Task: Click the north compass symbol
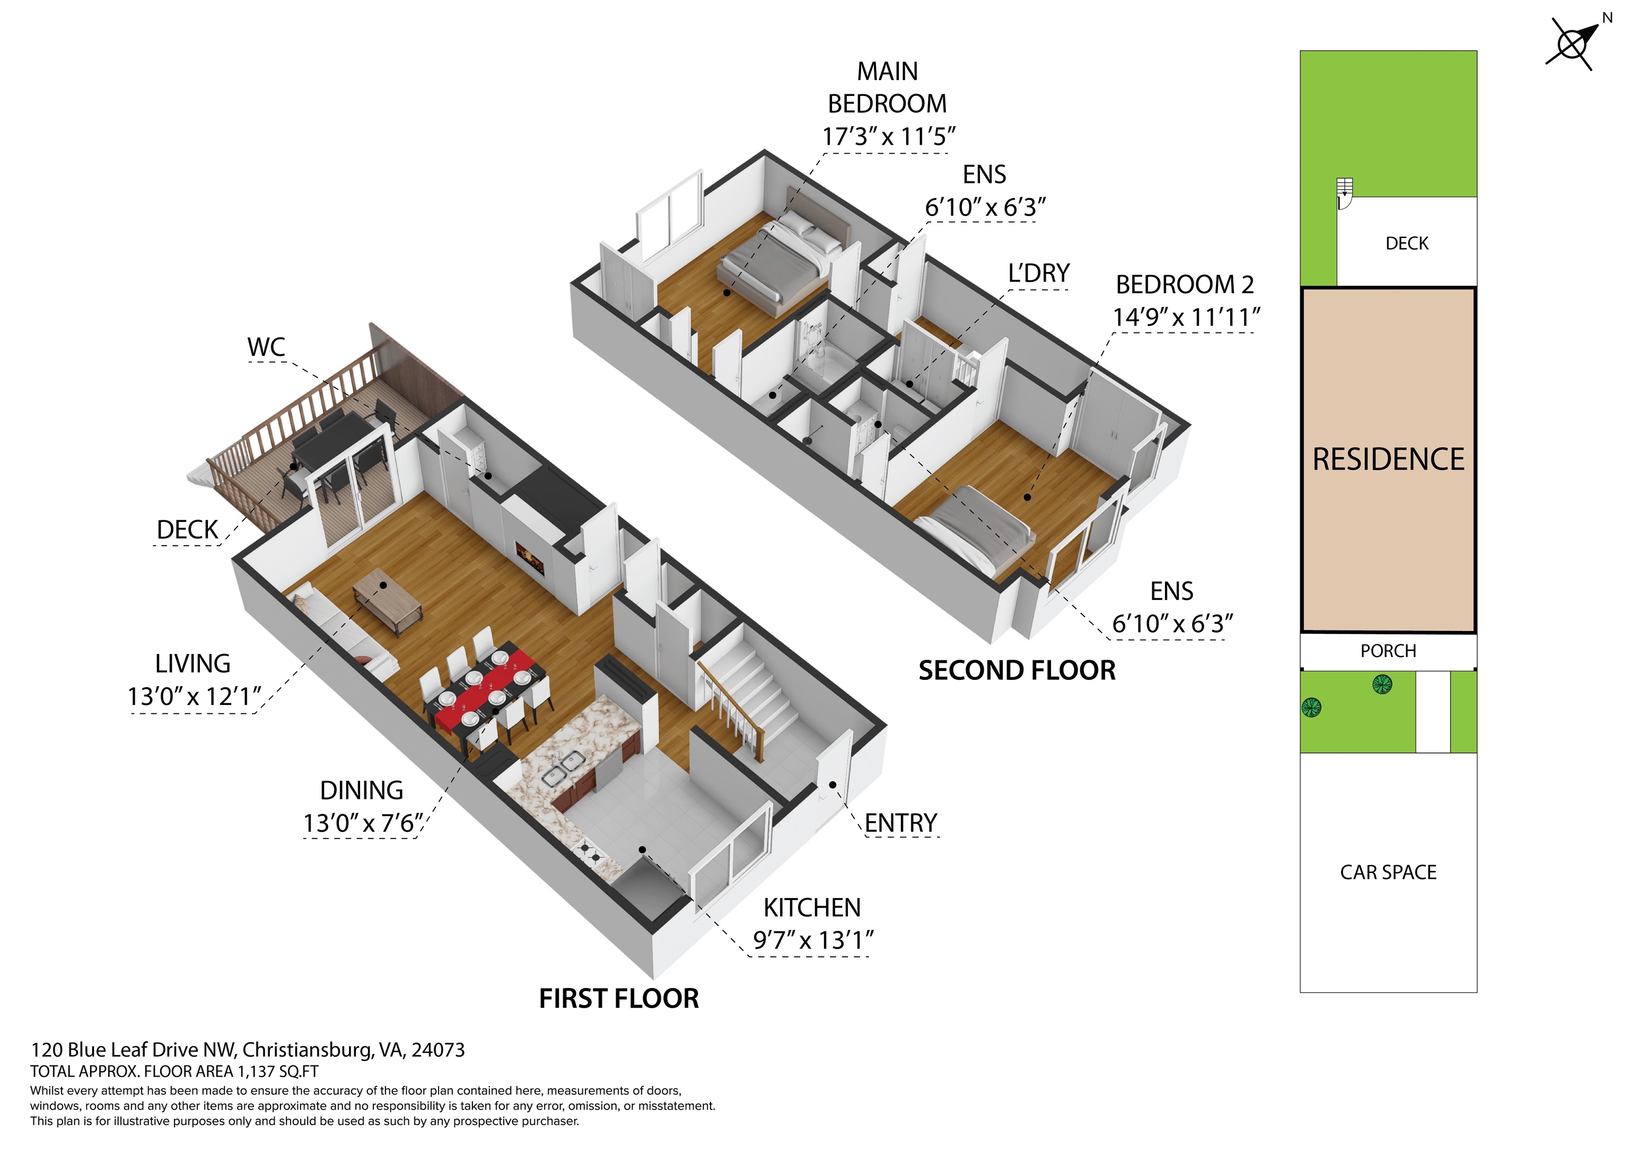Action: pyautogui.click(x=1574, y=44)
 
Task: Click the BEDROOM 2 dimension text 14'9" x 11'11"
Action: pyautogui.click(x=1186, y=317)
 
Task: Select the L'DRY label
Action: pyautogui.click(x=1039, y=273)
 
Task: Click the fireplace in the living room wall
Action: pyautogui.click(x=529, y=557)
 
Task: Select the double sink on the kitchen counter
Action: pyautogui.click(x=563, y=769)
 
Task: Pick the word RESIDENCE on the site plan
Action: pyautogui.click(x=1388, y=459)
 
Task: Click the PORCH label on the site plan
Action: pyautogui.click(x=1388, y=651)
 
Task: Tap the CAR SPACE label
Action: pyautogui.click(x=1388, y=872)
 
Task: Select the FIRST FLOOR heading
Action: pyautogui.click(x=619, y=999)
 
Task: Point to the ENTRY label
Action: pyautogui.click(x=900, y=823)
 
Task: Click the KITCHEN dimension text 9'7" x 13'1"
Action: pyautogui.click(x=813, y=940)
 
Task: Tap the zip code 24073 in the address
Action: pyautogui.click(x=438, y=1050)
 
